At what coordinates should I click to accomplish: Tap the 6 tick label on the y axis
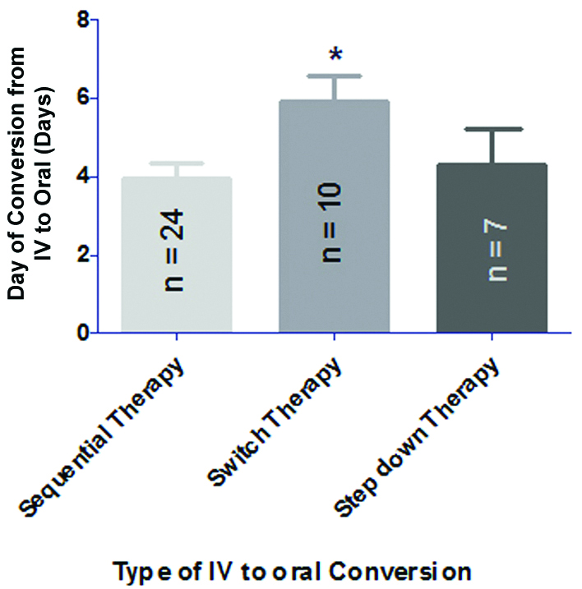click(x=82, y=98)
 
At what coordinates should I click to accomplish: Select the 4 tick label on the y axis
click(x=82, y=177)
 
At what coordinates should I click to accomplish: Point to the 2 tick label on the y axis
click(x=82, y=255)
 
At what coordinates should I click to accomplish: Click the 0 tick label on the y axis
click(x=82, y=334)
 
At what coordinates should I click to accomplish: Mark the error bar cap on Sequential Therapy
click(x=176, y=163)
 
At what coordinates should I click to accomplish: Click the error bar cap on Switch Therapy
click(x=335, y=76)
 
